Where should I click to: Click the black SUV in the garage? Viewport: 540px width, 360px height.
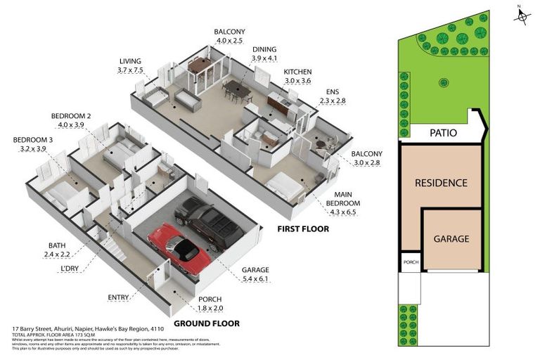[x=209, y=221]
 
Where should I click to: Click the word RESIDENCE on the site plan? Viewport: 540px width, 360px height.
[x=441, y=183]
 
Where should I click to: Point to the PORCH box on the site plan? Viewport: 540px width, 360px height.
[x=410, y=263]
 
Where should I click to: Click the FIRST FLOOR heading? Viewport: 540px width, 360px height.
[x=303, y=229]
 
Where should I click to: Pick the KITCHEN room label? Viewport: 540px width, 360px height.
[x=298, y=72]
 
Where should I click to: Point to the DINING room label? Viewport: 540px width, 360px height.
[x=265, y=49]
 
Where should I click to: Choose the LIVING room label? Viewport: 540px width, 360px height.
[x=131, y=60]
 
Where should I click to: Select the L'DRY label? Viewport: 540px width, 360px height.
[x=69, y=269]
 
